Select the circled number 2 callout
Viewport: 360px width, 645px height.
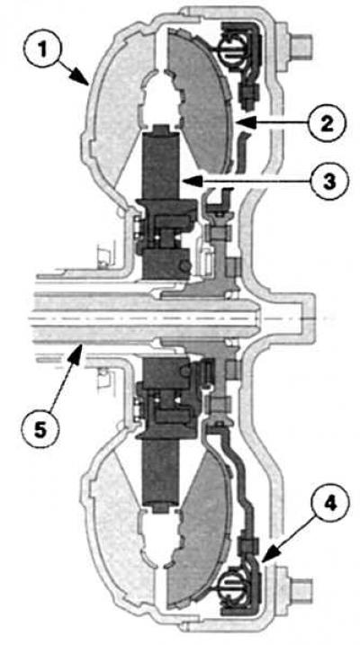(327, 123)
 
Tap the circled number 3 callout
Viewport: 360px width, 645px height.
(329, 181)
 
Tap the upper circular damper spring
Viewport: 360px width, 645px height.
(231, 49)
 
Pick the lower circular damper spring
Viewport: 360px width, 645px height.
(231, 584)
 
